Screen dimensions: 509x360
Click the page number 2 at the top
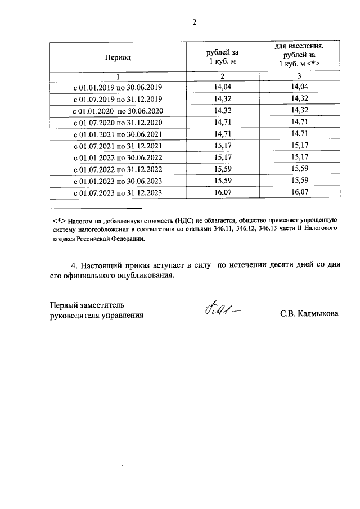click(x=195, y=23)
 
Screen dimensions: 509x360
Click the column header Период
click(x=118, y=57)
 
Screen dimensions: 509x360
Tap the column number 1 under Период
click(x=118, y=76)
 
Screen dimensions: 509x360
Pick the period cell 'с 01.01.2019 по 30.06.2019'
click(x=118, y=87)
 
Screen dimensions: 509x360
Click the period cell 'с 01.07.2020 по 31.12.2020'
click(x=118, y=123)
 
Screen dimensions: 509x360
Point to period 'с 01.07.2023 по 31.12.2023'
click(x=118, y=193)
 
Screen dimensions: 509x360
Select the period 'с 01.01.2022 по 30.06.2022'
click(x=118, y=157)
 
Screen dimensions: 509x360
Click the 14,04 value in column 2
click(x=223, y=87)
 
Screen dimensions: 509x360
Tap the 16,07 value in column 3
click(x=299, y=192)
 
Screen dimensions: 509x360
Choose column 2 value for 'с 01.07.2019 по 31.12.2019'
click(x=223, y=98)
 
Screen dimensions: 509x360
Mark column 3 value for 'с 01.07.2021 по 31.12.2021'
click(x=299, y=146)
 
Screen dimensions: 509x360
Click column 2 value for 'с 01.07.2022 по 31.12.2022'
click(x=223, y=169)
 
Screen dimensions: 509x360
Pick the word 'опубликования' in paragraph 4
click(x=146, y=276)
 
